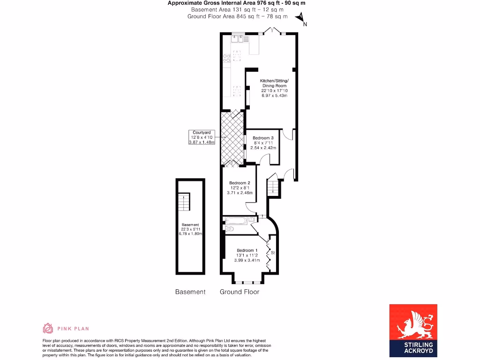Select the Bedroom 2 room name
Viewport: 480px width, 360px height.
click(240, 183)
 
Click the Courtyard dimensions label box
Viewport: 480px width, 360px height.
click(202, 137)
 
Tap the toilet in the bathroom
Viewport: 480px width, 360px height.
click(229, 229)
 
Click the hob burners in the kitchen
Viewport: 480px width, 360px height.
click(226, 58)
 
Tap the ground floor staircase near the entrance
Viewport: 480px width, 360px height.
click(273, 187)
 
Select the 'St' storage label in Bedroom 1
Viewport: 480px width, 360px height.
click(272, 253)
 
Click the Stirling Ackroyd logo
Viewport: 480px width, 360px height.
click(413, 330)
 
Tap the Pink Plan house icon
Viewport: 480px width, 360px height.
click(48, 328)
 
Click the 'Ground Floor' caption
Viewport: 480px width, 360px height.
click(240, 292)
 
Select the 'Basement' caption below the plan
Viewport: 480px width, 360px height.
click(190, 292)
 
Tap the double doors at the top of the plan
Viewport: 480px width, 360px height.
click(270, 31)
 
